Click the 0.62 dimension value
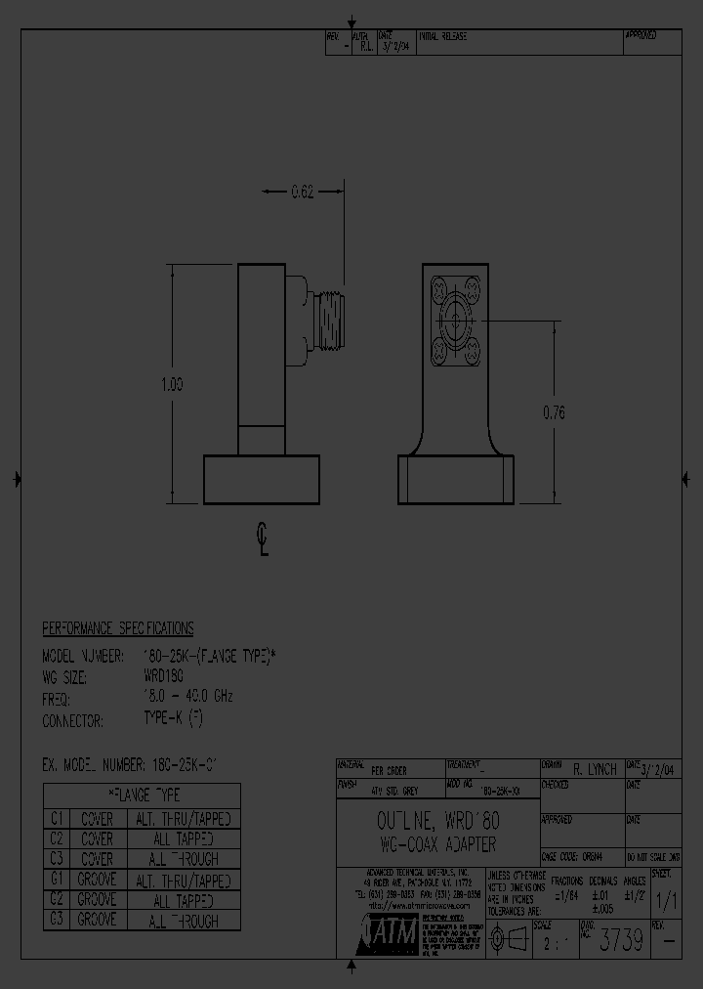pos(303,193)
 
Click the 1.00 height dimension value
pos(172,385)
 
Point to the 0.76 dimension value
pos(553,412)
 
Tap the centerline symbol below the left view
pos(263,538)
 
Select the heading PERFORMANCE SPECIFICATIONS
pos(118,628)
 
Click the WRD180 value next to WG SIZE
pos(163,675)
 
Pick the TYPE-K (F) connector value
pos(174,718)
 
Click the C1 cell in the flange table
pos(57,819)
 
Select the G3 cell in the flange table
pos(57,920)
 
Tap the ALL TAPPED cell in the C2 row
pos(185,839)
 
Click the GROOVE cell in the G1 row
pos(97,880)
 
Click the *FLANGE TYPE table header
pos(143,795)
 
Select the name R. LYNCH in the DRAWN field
pos(594,770)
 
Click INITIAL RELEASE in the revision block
pos(443,36)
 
